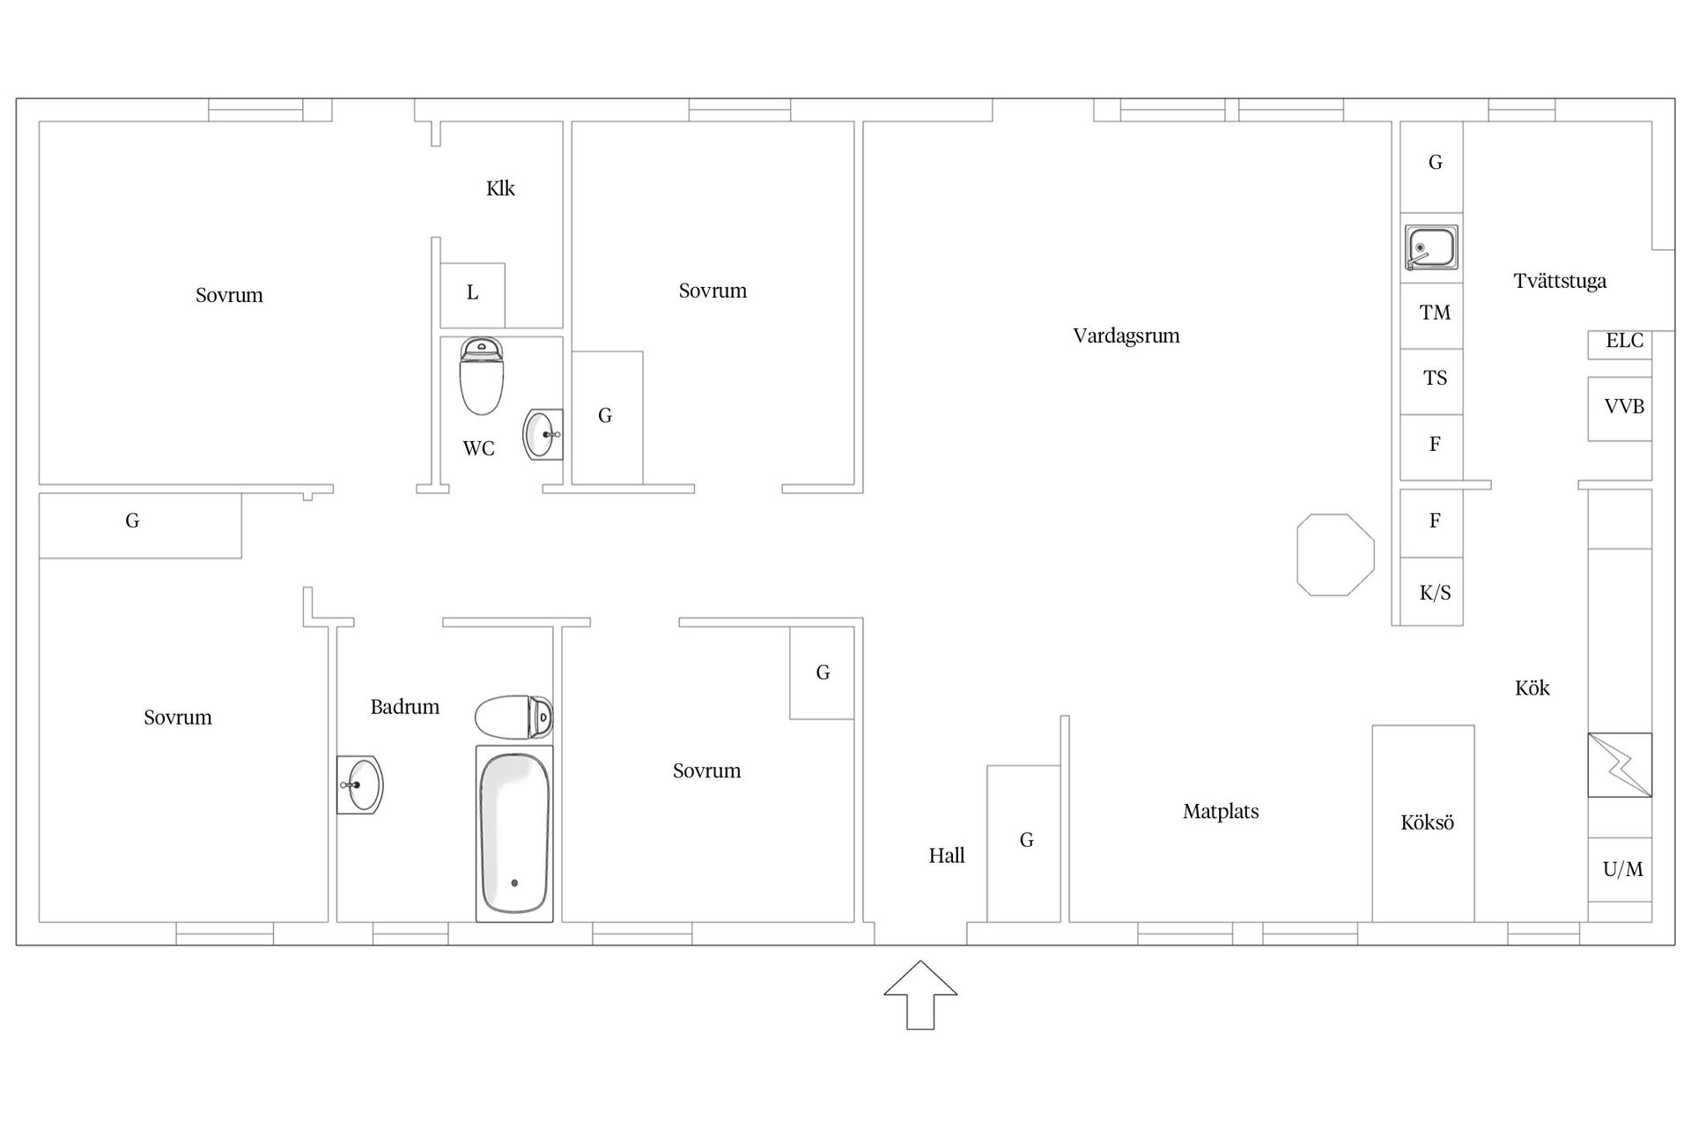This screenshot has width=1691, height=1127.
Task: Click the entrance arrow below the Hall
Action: (920, 995)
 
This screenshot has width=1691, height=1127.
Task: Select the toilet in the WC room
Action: (481, 376)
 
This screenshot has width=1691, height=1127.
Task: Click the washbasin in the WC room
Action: (543, 434)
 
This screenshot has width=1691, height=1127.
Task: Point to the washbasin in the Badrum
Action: (359, 784)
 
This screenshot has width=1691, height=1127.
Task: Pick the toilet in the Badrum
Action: (514, 718)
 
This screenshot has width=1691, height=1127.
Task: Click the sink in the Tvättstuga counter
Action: (1432, 247)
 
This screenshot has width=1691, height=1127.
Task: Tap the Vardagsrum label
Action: (1126, 336)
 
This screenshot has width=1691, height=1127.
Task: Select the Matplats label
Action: (1221, 812)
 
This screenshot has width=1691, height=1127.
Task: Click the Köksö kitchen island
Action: (1423, 823)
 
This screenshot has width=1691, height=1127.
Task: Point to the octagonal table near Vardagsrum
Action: (1335, 555)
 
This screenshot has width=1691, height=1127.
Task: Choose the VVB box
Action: (1620, 409)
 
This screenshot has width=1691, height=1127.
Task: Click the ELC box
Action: (1620, 344)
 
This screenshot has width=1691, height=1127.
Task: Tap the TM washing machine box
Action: (1432, 315)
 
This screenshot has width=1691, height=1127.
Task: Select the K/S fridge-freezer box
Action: (1432, 592)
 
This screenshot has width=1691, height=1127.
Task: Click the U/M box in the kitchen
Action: (1620, 869)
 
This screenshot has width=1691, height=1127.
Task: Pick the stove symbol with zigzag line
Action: (1620, 765)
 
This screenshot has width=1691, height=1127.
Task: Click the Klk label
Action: (500, 188)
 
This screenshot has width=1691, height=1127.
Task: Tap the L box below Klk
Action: (472, 295)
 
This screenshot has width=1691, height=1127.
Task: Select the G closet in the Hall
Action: (1023, 843)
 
